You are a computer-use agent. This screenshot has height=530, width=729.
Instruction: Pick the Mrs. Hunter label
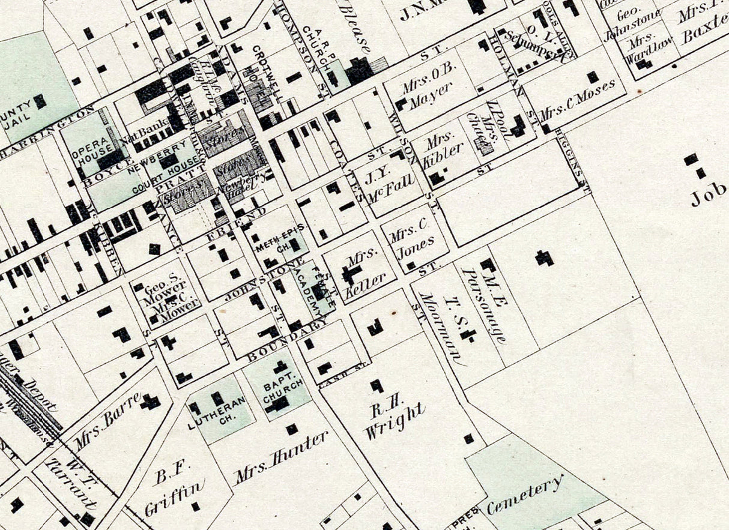point(282,457)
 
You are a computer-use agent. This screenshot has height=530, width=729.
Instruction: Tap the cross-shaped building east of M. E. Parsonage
point(545,258)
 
